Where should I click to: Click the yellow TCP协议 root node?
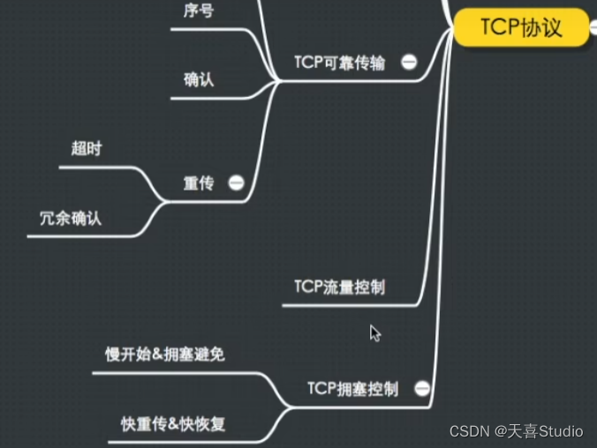(521, 26)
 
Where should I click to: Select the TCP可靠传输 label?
(339, 63)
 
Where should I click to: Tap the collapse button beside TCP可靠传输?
(409, 62)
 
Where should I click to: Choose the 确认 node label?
(200, 80)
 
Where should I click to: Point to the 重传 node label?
(199, 183)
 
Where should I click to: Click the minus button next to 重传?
(236, 183)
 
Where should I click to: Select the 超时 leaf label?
(87, 148)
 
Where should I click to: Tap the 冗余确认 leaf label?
(71, 218)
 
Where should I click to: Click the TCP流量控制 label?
(339, 287)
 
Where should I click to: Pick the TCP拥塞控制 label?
(352, 388)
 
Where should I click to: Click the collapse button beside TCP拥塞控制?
(421, 388)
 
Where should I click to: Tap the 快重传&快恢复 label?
(173, 423)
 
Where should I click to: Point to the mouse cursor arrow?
(374, 332)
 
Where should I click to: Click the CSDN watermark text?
(469, 431)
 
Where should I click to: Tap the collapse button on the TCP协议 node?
(593, 27)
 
